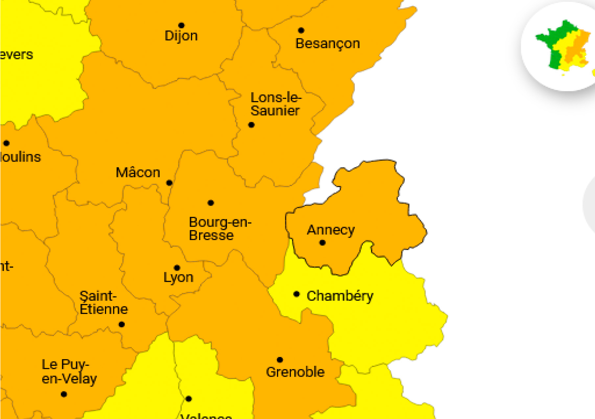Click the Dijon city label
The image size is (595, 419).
pos(181,36)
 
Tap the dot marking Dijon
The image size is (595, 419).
pos(181,25)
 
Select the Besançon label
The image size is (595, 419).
pos(328,44)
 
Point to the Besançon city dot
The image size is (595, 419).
pos(301,31)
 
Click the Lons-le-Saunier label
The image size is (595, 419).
pos(276,104)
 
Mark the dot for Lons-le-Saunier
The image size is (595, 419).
pos(251,125)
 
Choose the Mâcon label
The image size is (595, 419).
pos(138,173)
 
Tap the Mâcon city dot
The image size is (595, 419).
pos(169,183)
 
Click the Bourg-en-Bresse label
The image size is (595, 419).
pos(220,229)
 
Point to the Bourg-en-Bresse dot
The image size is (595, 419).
pos(211,203)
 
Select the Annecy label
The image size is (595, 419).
pos(331,230)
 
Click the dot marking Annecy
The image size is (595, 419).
pos(322,243)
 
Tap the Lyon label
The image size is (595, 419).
pos(178,278)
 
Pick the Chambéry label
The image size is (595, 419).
pos(340,296)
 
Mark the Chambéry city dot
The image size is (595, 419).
pos(296,294)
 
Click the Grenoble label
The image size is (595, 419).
pos(295,372)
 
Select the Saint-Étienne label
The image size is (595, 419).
pos(103,303)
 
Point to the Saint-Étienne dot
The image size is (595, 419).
pos(122,324)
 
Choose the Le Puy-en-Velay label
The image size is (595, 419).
pos(69,371)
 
